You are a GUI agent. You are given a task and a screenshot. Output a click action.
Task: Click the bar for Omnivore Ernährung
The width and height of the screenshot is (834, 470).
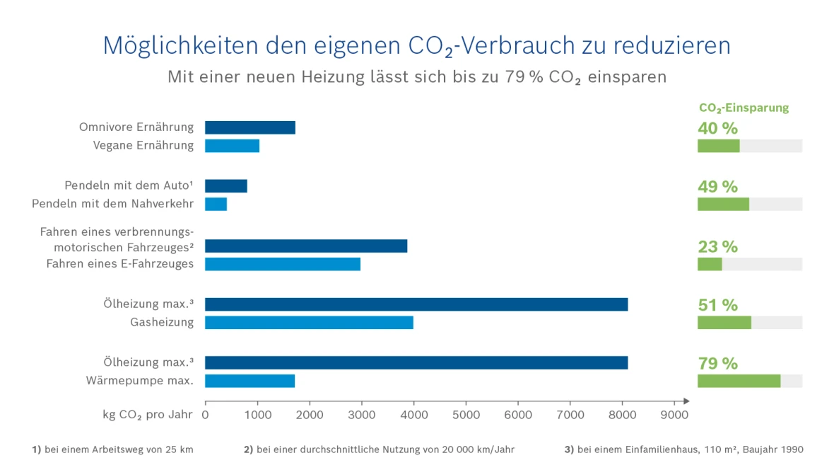click(x=250, y=127)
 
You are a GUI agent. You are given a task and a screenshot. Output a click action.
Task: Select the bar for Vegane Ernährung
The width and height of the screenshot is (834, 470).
click(x=232, y=146)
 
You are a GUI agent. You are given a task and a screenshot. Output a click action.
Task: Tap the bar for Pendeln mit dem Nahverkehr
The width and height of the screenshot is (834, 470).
click(x=216, y=204)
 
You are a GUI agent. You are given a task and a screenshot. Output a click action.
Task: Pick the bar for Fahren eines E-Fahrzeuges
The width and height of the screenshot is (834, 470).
click(x=283, y=264)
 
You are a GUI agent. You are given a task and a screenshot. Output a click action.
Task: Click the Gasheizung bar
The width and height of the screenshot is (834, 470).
click(x=309, y=323)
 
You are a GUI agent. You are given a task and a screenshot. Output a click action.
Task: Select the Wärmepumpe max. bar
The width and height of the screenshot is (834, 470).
click(x=249, y=381)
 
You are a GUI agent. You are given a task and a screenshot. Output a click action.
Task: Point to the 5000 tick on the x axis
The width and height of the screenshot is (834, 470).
click(x=466, y=415)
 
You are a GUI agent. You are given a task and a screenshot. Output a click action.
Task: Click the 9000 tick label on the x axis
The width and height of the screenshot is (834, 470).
click(x=674, y=415)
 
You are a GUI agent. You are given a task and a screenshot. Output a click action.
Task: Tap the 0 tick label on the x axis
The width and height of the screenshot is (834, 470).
click(x=206, y=415)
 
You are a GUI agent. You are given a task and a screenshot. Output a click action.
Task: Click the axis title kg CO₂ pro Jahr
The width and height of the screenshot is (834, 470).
click(x=147, y=415)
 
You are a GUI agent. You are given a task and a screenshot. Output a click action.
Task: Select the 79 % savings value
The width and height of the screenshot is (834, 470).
click(x=717, y=364)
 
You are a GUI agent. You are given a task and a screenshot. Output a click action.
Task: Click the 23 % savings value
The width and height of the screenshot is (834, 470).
click(x=717, y=247)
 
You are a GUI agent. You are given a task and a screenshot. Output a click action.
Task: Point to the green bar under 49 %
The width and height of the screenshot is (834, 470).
click(x=723, y=204)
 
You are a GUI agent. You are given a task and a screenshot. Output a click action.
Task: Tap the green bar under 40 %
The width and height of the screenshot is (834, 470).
click(x=718, y=146)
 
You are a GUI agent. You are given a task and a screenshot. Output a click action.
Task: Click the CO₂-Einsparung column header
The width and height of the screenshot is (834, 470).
click(x=744, y=108)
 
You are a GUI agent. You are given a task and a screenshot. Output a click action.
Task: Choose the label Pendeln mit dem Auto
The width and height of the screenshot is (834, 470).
click(x=129, y=185)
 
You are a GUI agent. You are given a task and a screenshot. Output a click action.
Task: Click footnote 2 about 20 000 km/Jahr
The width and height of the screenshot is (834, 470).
click(x=379, y=449)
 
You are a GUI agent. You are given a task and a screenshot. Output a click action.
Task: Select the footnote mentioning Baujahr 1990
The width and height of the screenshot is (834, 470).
click(x=683, y=449)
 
